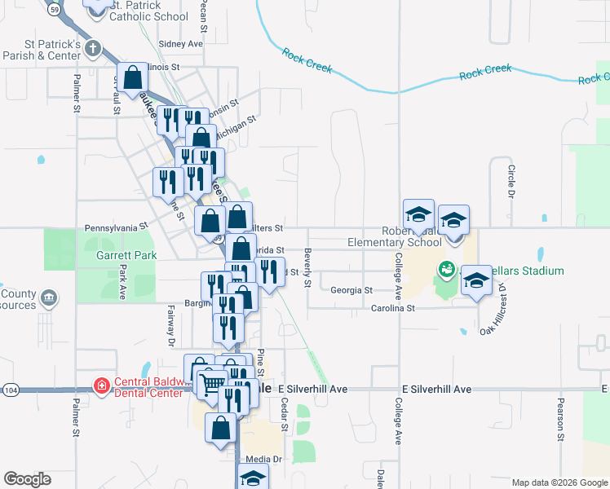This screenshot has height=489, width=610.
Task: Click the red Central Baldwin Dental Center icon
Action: tap(101, 385)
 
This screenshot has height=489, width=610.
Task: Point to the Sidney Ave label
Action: tap(181, 44)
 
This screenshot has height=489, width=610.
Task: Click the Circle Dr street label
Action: tap(511, 182)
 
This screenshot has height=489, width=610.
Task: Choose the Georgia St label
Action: tap(351, 289)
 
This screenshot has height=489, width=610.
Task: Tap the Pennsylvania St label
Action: tap(116, 228)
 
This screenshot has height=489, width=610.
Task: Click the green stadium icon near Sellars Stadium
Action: tap(446, 268)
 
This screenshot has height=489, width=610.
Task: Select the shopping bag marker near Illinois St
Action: tap(133, 77)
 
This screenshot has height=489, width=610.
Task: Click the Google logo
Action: tap(27, 479)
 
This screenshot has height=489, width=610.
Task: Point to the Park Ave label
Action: tap(124, 281)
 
